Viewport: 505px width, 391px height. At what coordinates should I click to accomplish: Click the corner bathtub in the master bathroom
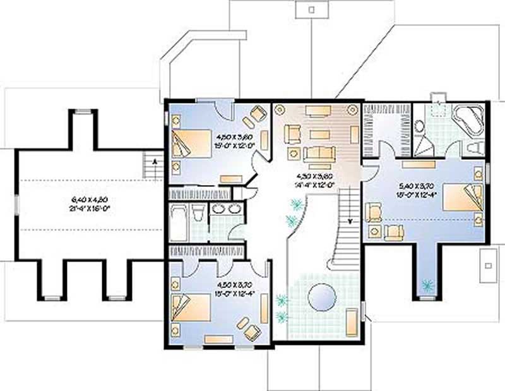[467, 120]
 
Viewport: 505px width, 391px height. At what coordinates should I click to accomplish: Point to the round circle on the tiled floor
[324, 296]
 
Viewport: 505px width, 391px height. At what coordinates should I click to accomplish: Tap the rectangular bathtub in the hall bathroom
[179, 222]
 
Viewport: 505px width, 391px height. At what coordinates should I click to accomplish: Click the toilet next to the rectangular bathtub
[196, 214]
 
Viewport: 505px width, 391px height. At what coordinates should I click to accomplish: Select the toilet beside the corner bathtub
[475, 147]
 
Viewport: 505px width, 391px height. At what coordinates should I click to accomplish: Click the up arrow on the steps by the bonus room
[151, 165]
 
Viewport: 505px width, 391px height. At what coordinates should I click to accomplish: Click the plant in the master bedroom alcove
[428, 286]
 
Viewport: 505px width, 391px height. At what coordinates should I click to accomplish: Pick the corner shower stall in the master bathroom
[424, 145]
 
